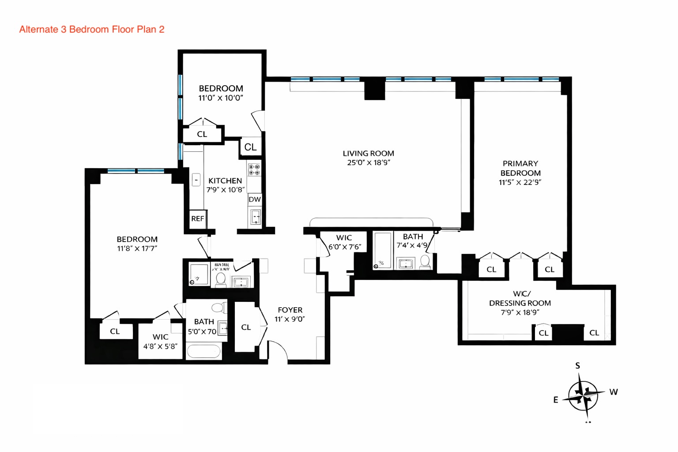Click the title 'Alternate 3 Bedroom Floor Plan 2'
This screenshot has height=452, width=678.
[x=92, y=30]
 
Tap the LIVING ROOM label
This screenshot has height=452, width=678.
[x=368, y=154]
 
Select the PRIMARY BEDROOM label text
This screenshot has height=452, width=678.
[x=520, y=168]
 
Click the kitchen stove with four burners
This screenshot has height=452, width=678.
[x=254, y=169]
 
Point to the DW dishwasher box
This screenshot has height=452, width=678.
[x=255, y=200]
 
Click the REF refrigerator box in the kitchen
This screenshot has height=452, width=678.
[x=197, y=218]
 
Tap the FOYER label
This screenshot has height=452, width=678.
[x=290, y=310]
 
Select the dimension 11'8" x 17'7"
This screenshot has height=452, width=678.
[x=137, y=249]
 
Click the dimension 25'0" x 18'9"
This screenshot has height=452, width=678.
[x=368, y=162]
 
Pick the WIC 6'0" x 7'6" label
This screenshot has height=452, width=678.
[x=344, y=242]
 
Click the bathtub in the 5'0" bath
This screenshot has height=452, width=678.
[x=203, y=351]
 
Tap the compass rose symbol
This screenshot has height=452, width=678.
[x=584, y=395]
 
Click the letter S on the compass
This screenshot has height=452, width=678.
[x=577, y=365]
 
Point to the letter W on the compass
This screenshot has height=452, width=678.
[x=613, y=392]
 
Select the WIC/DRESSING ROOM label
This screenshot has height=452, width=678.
[x=520, y=298]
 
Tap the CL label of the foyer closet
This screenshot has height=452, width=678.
[x=246, y=327]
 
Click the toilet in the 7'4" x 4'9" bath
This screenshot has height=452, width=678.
[x=425, y=262]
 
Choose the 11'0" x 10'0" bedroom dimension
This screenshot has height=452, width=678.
[x=221, y=98]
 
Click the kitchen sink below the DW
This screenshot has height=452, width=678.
[x=256, y=217]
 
